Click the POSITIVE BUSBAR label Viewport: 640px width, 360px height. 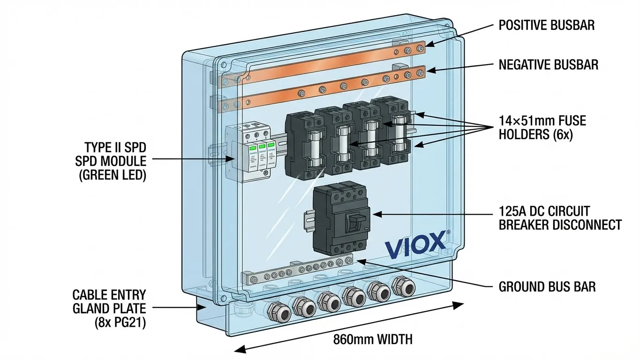pos(547,25)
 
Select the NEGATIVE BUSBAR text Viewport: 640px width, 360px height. pos(549,64)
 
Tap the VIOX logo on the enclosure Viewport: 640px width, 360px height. pos(414,242)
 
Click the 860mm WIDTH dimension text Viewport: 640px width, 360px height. pos(373,339)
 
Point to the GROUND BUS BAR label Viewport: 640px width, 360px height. pos(547,286)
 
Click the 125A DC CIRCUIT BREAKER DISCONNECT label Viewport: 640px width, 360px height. pos(560,217)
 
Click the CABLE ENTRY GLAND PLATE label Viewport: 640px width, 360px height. pos(109,309)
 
